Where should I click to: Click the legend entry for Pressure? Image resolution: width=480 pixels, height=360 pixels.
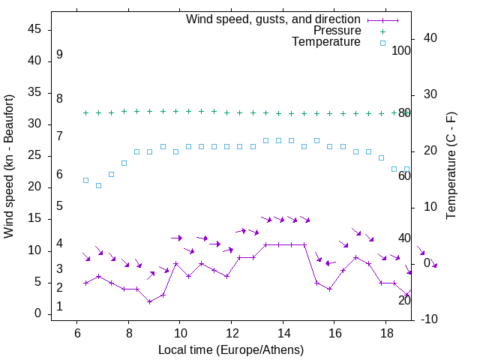[337, 31]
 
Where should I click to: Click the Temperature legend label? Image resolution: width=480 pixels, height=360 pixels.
[326, 42]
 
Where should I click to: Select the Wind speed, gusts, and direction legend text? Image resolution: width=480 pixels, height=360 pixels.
[273, 19]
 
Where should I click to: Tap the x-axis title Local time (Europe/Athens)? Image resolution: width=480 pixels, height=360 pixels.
[231, 350]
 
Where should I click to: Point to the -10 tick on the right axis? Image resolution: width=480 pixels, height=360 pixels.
[429, 319]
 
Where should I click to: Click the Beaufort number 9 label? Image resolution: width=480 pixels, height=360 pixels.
[59, 55]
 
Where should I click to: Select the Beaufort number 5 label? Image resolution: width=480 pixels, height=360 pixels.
[59, 205]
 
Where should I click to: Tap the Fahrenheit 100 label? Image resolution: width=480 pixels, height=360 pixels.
[401, 50]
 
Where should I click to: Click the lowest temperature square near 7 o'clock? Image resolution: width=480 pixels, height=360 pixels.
[98, 185]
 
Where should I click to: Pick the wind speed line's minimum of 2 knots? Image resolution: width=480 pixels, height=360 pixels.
[150, 301]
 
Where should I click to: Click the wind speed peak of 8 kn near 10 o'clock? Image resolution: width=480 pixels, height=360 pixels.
[175, 263]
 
